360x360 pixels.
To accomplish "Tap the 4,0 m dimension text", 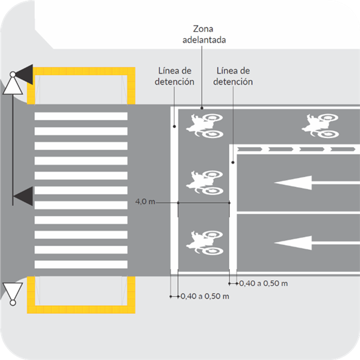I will [x=145, y=202].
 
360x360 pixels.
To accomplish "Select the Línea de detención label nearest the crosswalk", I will [x=176, y=76].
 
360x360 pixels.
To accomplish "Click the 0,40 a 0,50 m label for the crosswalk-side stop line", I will [x=204, y=296].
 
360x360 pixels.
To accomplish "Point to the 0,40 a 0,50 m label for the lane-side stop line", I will [x=263, y=284].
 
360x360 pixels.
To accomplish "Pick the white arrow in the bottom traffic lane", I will [x=299, y=242].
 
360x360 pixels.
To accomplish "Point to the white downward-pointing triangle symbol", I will [x=13, y=291].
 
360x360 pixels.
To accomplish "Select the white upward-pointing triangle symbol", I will [x=12, y=85].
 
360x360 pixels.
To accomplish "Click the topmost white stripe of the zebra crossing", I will [x=81, y=116].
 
